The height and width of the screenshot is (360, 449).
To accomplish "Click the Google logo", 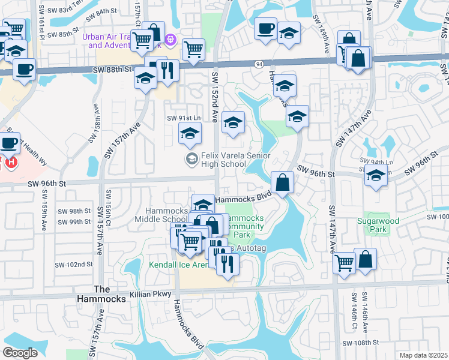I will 20,353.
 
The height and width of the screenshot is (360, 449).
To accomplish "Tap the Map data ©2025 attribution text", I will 424,355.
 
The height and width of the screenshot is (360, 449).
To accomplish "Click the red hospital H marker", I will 11,162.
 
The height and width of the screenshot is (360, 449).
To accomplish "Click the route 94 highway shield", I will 259,63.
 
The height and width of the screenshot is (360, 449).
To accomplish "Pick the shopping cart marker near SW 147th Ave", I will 344,261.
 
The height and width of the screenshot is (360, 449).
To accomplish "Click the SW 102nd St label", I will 74,265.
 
